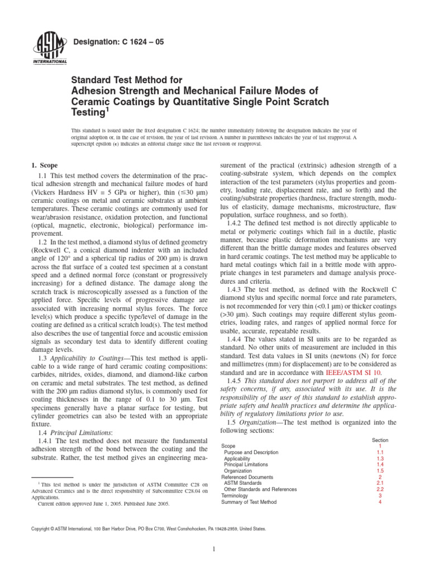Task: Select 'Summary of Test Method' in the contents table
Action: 249,502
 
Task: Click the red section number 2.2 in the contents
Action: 380,489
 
